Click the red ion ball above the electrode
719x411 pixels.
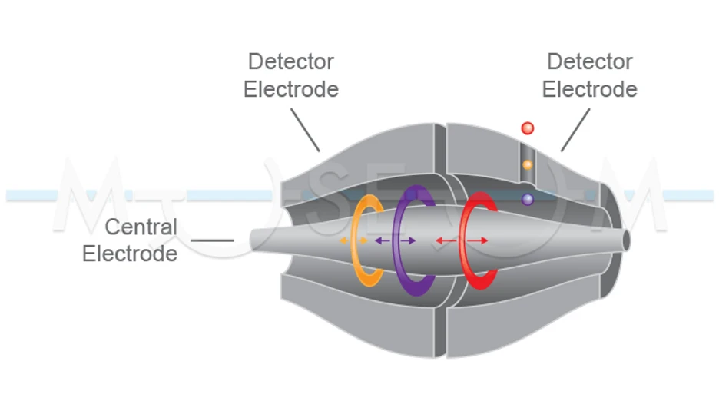(527, 128)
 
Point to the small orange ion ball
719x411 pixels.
(527, 164)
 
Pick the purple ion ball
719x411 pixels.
(527, 199)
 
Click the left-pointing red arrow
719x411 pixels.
(443, 240)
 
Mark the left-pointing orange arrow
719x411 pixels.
(343, 240)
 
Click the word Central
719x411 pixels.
(141, 227)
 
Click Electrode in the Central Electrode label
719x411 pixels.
(130, 254)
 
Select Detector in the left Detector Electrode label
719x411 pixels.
(291, 61)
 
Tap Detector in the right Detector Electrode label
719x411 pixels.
(590, 61)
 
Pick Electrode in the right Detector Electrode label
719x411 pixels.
(590, 89)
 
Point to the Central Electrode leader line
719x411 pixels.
(212, 240)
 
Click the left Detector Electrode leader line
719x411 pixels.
(305, 129)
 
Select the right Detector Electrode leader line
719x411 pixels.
(575, 129)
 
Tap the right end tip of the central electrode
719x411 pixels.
(626, 240)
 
